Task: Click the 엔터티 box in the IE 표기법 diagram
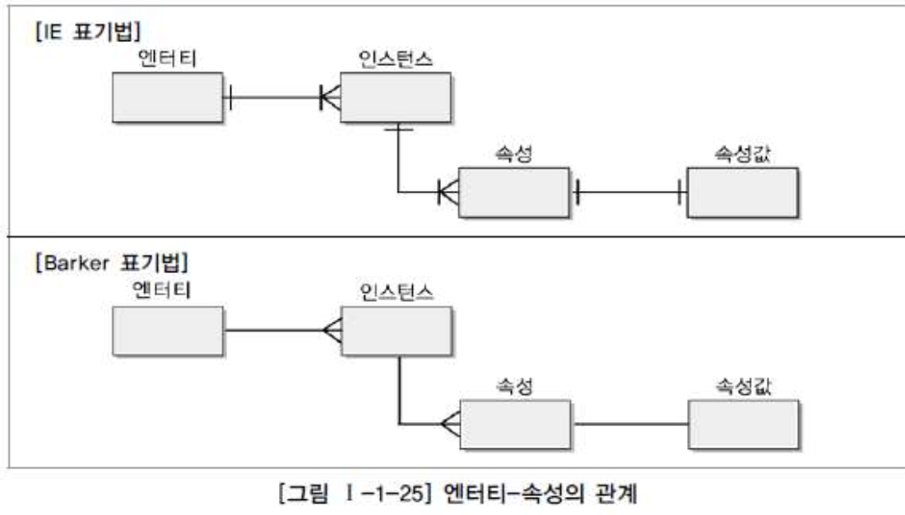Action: pyautogui.click(x=168, y=97)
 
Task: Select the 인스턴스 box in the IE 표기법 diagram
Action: pyautogui.click(x=396, y=97)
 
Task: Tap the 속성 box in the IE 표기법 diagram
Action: pyautogui.click(x=513, y=193)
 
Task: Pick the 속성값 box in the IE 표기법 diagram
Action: pyautogui.click(x=742, y=193)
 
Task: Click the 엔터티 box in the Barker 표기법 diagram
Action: pyautogui.click(x=168, y=331)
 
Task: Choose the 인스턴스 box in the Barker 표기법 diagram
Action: pyautogui.click(x=396, y=331)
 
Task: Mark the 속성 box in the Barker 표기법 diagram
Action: pyautogui.click(x=513, y=425)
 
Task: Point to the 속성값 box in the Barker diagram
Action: pyautogui.click(x=742, y=425)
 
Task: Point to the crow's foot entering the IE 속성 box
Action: pyautogui.click(x=448, y=193)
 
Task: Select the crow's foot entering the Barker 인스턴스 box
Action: pyautogui.click(x=332, y=331)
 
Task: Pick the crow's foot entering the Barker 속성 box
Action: pyautogui.click(x=449, y=425)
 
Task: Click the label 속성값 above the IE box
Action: pyautogui.click(x=742, y=153)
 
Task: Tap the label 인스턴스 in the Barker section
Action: pyautogui.click(x=396, y=291)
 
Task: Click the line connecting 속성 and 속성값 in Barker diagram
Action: pyautogui.click(x=629, y=425)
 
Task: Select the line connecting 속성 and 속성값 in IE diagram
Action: pyautogui.click(x=629, y=193)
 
